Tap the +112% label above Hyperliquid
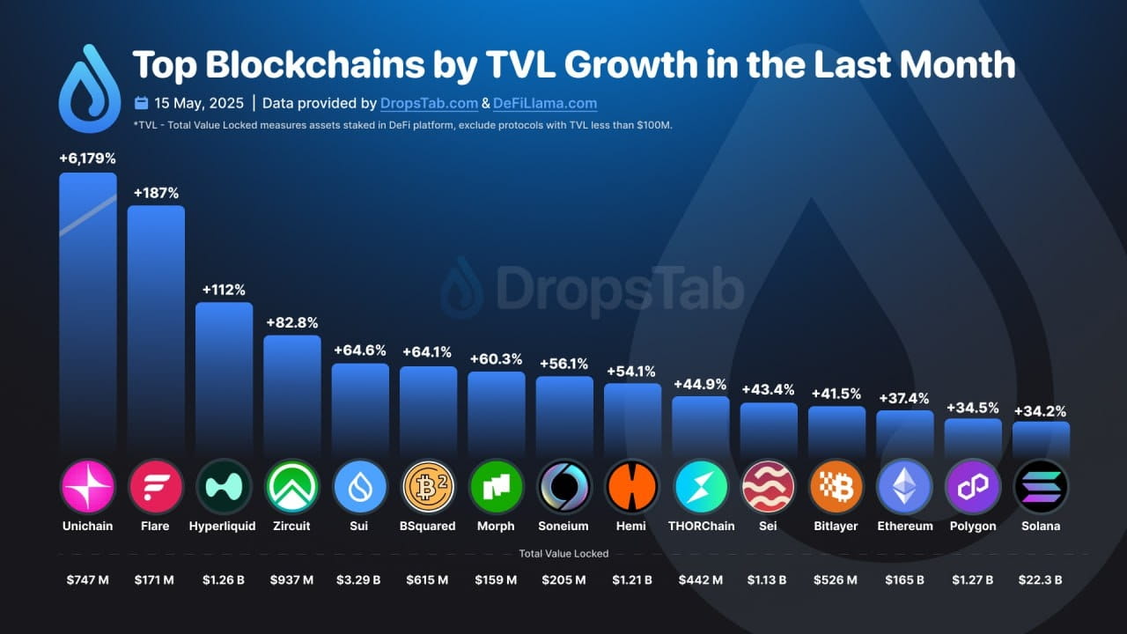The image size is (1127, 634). pos(224,290)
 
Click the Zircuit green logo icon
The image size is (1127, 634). pos(292,486)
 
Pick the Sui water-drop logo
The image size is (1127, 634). pos(360,486)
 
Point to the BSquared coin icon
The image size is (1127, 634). pos(428,486)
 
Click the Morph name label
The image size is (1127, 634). pos(496,526)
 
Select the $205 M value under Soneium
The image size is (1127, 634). pos(564,580)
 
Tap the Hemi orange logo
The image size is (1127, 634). pos(632,486)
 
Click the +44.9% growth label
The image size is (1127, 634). pos(700,384)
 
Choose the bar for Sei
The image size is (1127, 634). pos(769,427)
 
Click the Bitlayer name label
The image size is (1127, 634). pos(836,526)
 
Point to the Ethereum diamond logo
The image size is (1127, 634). pos(904,486)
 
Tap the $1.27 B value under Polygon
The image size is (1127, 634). pos(973,580)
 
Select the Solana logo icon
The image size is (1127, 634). pos(1041,486)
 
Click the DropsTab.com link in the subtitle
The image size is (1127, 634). pos(429,103)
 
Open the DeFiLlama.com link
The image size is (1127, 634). pos(544,103)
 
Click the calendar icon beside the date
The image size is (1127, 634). pos(141,103)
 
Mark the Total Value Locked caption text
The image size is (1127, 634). pos(563,554)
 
